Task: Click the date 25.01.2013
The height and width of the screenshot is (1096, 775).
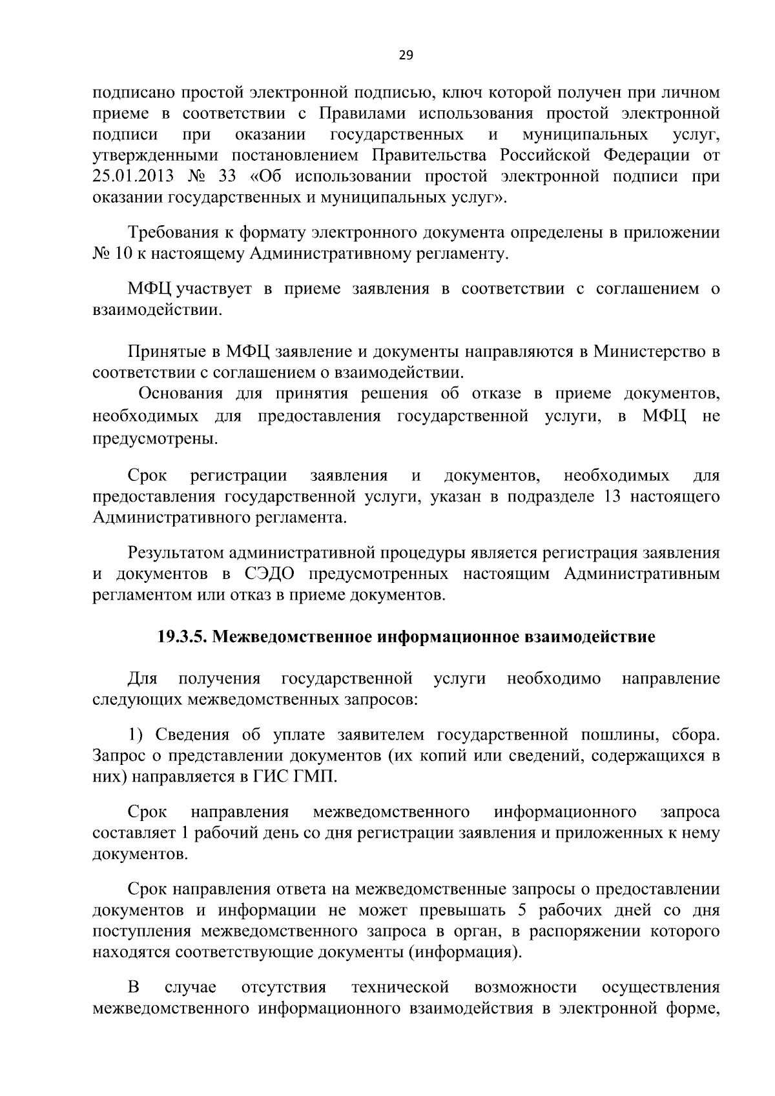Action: [134, 176]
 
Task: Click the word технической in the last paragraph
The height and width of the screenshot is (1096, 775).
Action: [400, 987]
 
